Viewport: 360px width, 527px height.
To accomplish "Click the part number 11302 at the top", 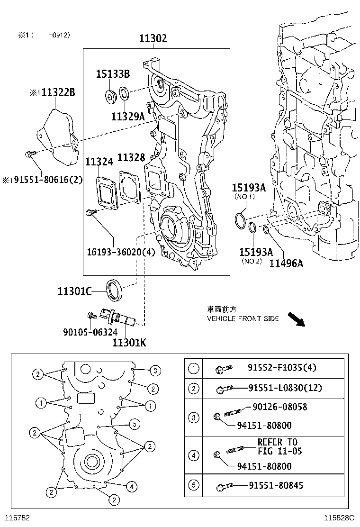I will [x=153, y=39].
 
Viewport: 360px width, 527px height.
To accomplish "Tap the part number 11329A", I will [x=127, y=116].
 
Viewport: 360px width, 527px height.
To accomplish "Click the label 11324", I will [x=99, y=162].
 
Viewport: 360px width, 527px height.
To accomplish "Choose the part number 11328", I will [x=131, y=158].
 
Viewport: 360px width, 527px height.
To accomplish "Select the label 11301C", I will [x=74, y=291].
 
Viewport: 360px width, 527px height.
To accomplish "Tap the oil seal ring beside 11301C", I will [x=114, y=290].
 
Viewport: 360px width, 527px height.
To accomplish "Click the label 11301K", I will [x=129, y=341].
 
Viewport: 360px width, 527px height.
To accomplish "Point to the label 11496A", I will [x=286, y=263].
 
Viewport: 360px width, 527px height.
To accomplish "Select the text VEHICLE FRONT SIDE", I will [x=243, y=318].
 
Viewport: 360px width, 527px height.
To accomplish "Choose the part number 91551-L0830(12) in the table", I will [x=285, y=388].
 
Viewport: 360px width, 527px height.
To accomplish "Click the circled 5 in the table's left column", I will [x=194, y=485].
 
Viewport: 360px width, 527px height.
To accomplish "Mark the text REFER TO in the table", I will [x=278, y=442].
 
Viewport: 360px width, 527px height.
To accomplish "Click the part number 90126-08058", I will [x=279, y=407].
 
